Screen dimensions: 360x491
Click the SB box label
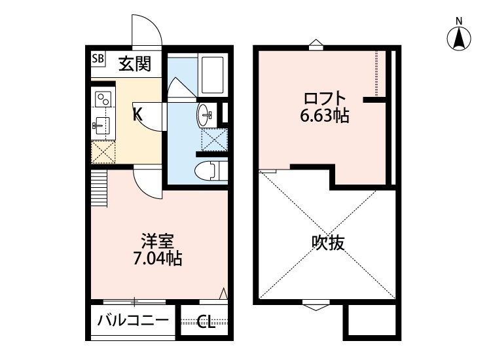click(x=98, y=59)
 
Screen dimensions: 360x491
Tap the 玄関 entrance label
click(x=135, y=63)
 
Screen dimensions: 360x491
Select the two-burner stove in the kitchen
click(x=103, y=99)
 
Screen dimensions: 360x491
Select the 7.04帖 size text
click(x=157, y=259)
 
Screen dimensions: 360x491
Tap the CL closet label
click(x=206, y=322)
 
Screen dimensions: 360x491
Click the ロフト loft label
click(x=324, y=99)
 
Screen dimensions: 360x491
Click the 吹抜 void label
click(x=327, y=243)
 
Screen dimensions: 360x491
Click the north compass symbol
click(x=460, y=39)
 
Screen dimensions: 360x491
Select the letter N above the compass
click(x=460, y=20)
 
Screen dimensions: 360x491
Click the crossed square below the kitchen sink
click(x=103, y=153)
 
